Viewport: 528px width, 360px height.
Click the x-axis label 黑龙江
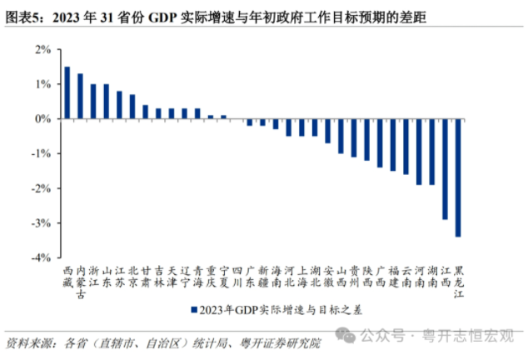[x=458, y=282]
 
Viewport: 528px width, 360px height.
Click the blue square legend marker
[x=193, y=310]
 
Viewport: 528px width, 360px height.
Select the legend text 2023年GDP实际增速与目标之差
[x=271, y=310]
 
